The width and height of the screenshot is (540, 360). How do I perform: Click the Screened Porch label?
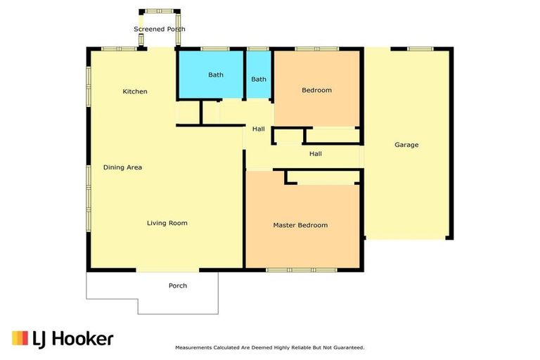pos(160,29)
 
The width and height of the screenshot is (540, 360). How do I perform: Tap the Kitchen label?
pos(135,91)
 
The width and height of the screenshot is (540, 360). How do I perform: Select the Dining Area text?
pos(123,167)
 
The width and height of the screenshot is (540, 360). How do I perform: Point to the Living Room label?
pos(167,223)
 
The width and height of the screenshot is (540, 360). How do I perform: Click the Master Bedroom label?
pos(300,225)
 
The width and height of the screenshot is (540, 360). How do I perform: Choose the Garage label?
pos(406,145)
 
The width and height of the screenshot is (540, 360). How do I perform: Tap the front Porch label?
pos(178,285)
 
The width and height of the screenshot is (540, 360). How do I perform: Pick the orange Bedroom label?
pos(316,90)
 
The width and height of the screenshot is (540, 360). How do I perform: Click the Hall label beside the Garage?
pos(316,153)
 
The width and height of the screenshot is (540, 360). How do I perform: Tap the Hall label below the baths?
pos(259,129)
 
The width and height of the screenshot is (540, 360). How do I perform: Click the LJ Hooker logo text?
pos(72,339)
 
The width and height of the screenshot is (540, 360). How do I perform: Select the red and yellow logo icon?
pos(20,338)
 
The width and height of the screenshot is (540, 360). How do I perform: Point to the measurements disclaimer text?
pos(269,347)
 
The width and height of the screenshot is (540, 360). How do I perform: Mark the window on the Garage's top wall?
pos(420,49)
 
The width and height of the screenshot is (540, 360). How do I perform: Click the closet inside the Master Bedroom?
pos(326,179)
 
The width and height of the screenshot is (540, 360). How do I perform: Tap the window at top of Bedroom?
pos(307,49)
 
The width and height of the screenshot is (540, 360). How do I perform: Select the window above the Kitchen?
pos(119,49)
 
